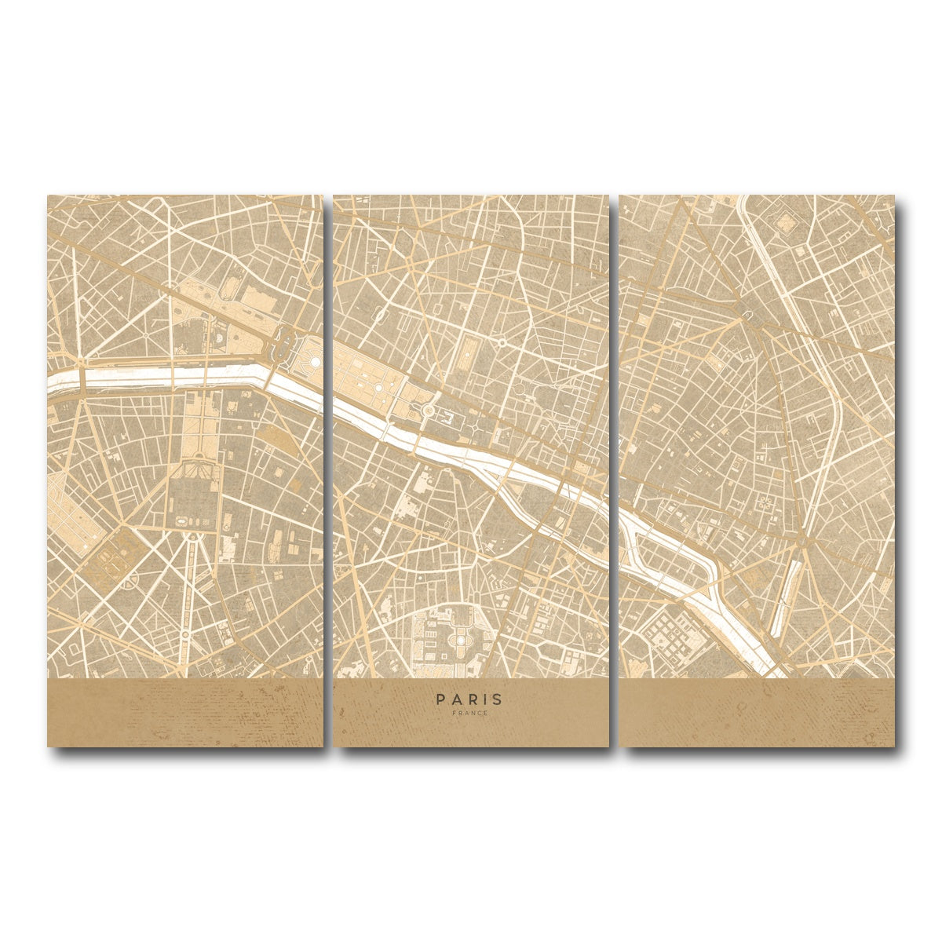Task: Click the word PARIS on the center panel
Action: pos(471,697)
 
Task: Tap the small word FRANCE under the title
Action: pos(471,713)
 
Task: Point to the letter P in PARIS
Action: pos(440,697)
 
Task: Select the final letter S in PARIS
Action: pos(501,697)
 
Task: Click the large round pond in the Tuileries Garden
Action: pos(315,362)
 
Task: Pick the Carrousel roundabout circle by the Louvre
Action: pos(429,410)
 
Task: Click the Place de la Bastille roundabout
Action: pos(800,542)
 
